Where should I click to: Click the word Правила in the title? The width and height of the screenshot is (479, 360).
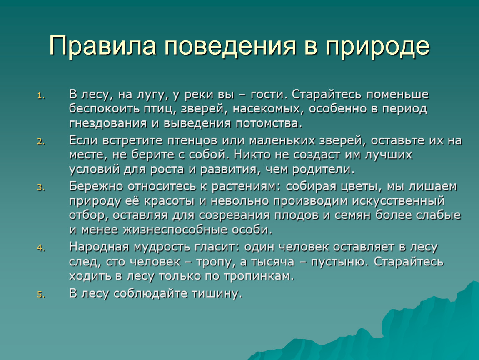point(102,46)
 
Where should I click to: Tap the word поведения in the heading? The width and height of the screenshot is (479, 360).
point(231,46)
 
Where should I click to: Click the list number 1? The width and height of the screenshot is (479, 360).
point(41,96)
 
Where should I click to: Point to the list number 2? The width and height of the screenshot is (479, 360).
point(41,142)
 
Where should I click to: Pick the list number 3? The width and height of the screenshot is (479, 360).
point(41,187)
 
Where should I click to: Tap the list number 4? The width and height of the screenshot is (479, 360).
point(41,248)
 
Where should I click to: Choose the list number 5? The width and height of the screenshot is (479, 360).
point(41,294)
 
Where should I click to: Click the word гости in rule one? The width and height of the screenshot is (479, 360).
point(269,95)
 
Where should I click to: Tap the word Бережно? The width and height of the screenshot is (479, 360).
point(96,186)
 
